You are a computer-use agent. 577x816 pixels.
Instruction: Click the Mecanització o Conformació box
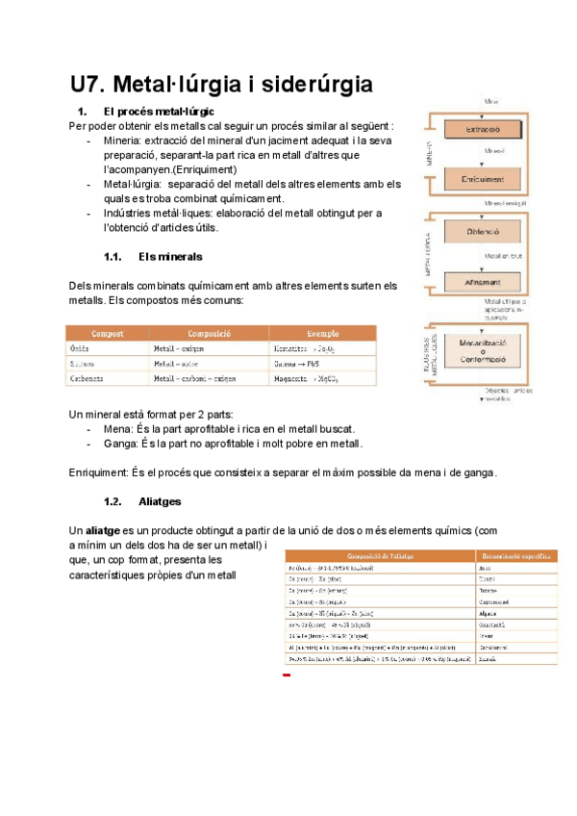[482, 348]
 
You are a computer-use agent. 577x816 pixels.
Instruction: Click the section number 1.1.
[114, 257]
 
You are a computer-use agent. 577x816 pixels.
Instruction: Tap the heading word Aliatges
[160, 501]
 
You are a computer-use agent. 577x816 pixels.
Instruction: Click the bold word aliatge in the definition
[104, 530]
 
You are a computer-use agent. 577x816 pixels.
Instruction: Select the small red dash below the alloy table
[287, 676]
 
